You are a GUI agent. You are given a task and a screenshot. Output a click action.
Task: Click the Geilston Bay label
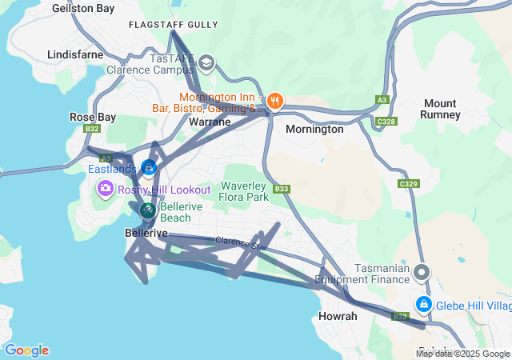pyautogui.click(x=83, y=7)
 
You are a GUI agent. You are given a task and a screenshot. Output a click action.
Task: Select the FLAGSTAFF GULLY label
pyautogui.click(x=173, y=25)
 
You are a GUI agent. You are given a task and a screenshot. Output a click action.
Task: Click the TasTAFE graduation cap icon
pyautogui.click(x=206, y=62)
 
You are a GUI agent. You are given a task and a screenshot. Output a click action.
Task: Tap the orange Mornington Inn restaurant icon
pyautogui.click(x=275, y=100)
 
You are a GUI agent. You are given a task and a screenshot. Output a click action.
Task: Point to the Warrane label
pyautogui.click(x=210, y=122)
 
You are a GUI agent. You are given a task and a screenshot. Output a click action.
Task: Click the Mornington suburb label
pyautogui.click(x=314, y=129)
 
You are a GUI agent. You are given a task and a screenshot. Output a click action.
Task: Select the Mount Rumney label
pyautogui.click(x=441, y=109)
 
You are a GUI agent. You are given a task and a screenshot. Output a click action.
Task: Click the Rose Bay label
pyautogui.click(x=93, y=117)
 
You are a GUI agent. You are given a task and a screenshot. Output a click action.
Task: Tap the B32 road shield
pyautogui.click(x=92, y=129)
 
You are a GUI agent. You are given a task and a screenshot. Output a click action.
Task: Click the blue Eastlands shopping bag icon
pyautogui.click(x=148, y=167)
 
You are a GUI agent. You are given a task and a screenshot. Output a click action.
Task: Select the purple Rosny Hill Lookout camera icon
pyautogui.click(x=105, y=189)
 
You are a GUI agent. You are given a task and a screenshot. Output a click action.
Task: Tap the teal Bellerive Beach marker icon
pyautogui.click(x=148, y=210)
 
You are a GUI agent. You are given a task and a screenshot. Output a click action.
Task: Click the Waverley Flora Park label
pyautogui.click(x=244, y=190)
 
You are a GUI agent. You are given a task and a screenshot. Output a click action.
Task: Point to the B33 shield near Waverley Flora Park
pyautogui.click(x=281, y=190)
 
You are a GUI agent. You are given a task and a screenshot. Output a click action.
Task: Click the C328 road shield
pyautogui.click(x=386, y=122)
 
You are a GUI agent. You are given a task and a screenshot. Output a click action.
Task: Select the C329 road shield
pyautogui.click(x=409, y=184)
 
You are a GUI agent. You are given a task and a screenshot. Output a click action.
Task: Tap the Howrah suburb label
pyautogui.click(x=338, y=316)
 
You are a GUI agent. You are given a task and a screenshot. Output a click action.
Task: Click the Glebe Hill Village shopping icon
pyautogui.click(x=423, y=305)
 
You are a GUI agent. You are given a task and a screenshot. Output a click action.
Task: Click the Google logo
pyautogui.click(x=26, y=350)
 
